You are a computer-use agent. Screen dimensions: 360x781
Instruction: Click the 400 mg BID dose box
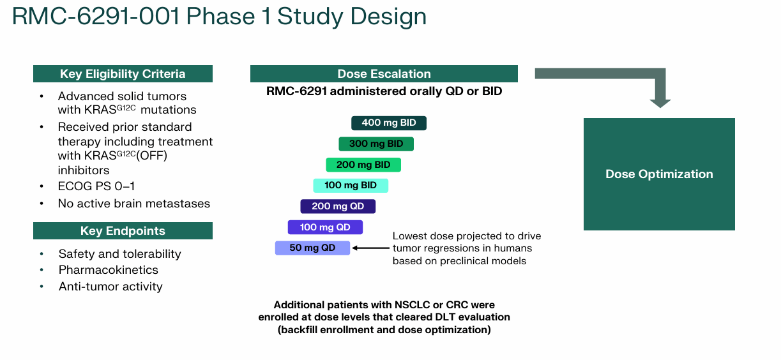(x=388, y=123)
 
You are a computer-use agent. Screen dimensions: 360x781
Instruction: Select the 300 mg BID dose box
(x=376, y=144)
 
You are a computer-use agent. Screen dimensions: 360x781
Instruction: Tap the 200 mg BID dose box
(x=363, y=165)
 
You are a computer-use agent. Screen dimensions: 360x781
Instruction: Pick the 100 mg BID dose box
(x=351, y=185)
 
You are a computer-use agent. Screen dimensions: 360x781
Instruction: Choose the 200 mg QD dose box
(x=338, y=206)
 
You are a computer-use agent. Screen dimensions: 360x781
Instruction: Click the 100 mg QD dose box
(x=325, y=227)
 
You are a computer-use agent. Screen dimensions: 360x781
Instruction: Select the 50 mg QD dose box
(x=312, y=248)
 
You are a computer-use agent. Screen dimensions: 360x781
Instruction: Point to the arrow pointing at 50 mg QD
(x=370, y=248)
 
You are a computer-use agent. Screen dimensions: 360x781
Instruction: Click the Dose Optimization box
(x=659, y=174)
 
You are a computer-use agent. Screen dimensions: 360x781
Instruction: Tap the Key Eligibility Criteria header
(x=123, y=74)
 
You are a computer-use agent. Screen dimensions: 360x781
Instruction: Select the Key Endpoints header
(x=123, y=231)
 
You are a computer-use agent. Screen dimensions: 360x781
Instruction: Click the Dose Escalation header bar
(x=384, y=74)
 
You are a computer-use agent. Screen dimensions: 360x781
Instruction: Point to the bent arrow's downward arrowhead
(x=660, y=102)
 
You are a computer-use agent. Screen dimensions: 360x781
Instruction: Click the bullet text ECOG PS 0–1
(x=96, y=186)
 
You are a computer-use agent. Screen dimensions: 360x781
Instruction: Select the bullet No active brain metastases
(x=134, y=204)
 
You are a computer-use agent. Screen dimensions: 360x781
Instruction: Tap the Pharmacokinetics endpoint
(x=109, y=270)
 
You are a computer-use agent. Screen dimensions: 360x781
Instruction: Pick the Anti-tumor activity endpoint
(x=110, y=287)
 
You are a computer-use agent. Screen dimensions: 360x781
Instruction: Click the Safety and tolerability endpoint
(x=119, y=254)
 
